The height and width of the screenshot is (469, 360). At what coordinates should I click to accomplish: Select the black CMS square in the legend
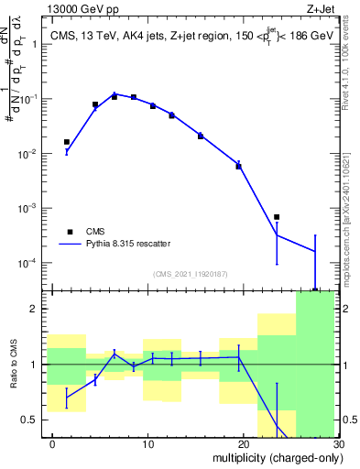click(68, 232)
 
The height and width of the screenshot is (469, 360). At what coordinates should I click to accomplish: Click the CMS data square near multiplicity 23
click(277, 217)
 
